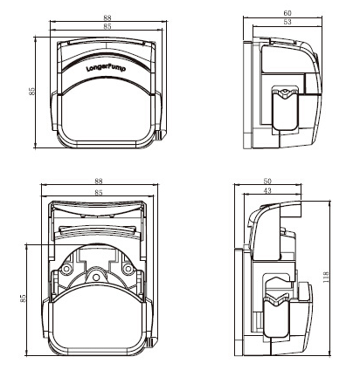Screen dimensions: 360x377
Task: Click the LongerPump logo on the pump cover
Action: (x=106, y=68)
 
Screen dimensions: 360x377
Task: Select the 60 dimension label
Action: (x=287, y=13)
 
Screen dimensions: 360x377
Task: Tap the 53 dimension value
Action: (x=287, y=22)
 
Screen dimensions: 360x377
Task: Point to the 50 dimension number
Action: (x=267, y=182)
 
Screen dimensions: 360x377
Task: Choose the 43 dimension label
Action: (x=267, y=190)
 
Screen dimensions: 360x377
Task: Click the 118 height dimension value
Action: (x=326, y=277)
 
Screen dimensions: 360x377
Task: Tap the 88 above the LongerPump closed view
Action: (x=107, y=17)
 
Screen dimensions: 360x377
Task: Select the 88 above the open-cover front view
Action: (x=99, y=181)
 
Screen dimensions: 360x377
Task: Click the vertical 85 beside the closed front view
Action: (x=31, y=91)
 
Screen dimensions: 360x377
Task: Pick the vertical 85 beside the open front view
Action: (x=23, y=298)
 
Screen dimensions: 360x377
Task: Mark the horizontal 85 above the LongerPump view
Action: (x=107, y=26)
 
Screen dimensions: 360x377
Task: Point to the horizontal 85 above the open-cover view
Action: (x=99, y=192)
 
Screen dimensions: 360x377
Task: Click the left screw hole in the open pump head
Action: (x=66, y=268)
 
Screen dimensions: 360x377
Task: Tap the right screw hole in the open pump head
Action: (x=128, y=268)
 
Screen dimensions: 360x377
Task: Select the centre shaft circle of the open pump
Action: (x=96, y=278)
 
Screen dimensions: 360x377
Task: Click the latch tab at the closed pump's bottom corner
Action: (x=161, y=134)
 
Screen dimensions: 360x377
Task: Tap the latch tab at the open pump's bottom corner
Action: (x=152, y=342)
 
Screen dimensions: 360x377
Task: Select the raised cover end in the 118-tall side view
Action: (x=291, y=210)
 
